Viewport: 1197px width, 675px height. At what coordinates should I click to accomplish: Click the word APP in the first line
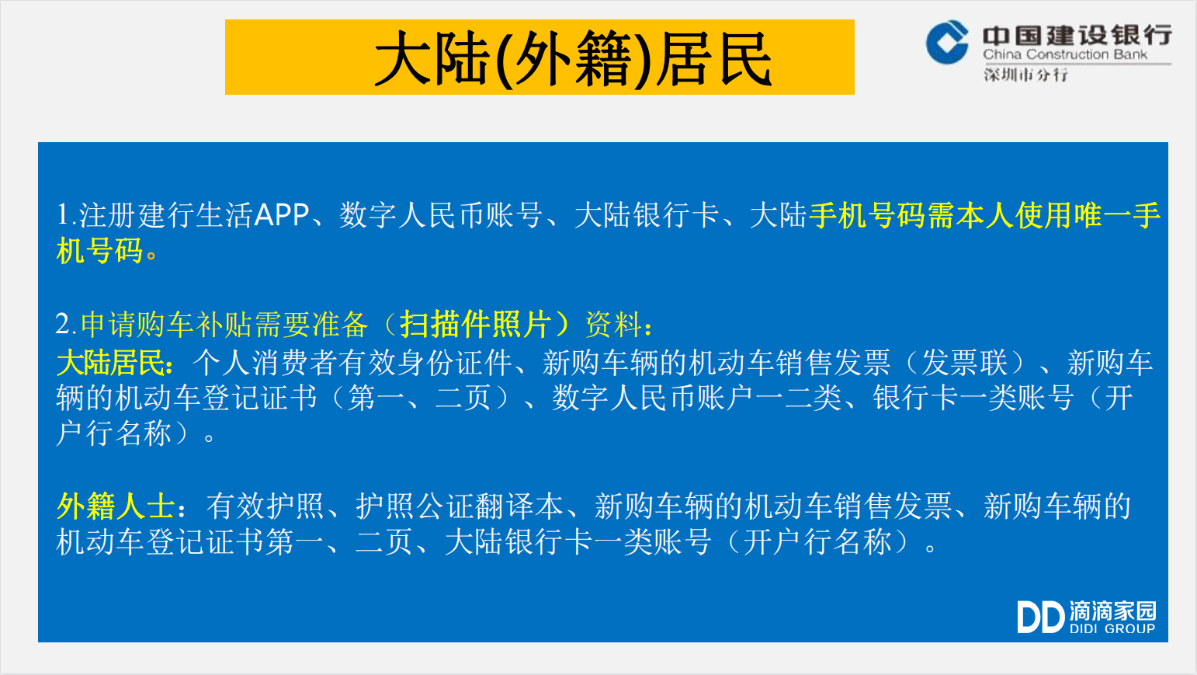point(282,215)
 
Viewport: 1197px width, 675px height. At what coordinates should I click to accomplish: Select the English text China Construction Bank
point(1064,54)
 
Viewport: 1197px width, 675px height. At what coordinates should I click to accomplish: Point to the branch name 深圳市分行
point(1025,75)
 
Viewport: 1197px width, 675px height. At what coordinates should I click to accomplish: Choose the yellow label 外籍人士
point(116,506)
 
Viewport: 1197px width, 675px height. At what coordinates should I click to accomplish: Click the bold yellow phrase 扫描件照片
point(476,324)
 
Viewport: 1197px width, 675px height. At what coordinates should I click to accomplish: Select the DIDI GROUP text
point(1112,629)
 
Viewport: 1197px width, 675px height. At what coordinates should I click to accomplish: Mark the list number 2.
point(62,324)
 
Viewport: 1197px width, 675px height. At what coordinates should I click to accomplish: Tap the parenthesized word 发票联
point(965,364)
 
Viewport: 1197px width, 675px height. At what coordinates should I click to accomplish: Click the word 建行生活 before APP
point(195,215)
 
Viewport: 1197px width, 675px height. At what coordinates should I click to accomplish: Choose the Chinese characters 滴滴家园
point(1112,611)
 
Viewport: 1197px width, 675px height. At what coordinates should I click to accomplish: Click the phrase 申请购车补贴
point(167,324)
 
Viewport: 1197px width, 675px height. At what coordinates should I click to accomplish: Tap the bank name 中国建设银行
point(1077,35)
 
